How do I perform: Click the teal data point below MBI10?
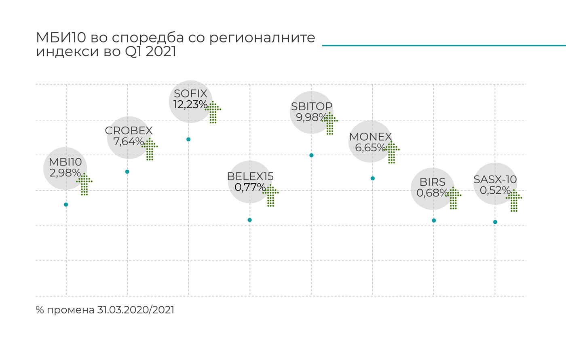click(66, 205)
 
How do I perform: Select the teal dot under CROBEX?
click(127, 172)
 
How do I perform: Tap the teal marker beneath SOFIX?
click(188, 140)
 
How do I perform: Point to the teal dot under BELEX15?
click(250, 220)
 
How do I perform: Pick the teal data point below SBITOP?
click(311, 155)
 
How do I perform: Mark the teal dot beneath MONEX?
click(373, 178)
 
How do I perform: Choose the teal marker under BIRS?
click(434, 220)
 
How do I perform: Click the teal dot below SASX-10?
click(495, 222)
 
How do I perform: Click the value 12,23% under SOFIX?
click(190, 105)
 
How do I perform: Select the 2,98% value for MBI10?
click(65, 173)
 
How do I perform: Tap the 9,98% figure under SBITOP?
click(311, 117)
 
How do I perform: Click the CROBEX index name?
click(129, 131)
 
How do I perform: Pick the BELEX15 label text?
click(250, 176)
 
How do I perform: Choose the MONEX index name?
click(370, 137)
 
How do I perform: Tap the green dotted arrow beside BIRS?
click(453, 198)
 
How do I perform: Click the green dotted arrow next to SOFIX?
click(213, 112)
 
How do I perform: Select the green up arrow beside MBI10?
click(84, 184)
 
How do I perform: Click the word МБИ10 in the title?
click(61, 38)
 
